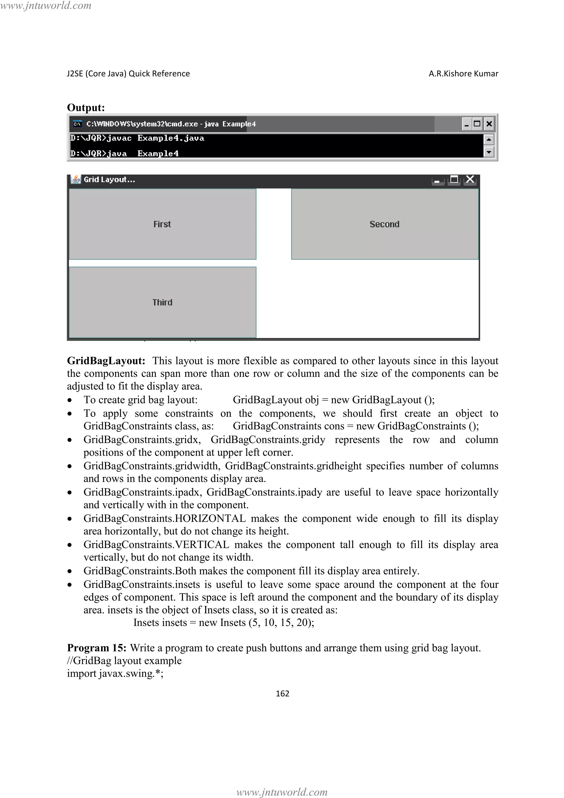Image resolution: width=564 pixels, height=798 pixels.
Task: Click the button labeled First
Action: coord(162,224)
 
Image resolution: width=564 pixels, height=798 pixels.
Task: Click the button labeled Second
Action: coord(384,224)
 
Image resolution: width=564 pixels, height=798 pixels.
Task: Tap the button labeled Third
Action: coord(162,302)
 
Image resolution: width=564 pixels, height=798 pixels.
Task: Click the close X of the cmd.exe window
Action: coord(489,124)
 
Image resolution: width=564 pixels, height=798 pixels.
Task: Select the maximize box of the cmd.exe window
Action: coord(477,124)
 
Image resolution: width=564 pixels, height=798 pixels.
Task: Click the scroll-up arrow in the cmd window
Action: coord(489,140)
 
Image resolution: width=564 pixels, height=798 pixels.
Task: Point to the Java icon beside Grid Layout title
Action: coord(75,179)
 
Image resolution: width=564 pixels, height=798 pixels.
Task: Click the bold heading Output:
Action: coord(86,107)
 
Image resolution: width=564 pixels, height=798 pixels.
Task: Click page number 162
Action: coord(282,693)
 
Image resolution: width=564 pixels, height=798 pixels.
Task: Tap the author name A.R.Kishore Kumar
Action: coord(463,74)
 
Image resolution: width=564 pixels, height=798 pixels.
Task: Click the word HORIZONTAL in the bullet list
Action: coord(210,519)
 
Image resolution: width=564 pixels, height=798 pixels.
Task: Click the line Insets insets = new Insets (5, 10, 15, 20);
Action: coord(224,622)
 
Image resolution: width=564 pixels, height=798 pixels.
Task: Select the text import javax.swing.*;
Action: coord(115,673)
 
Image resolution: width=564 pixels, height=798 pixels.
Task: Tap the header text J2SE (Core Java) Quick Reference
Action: coord(128,74)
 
